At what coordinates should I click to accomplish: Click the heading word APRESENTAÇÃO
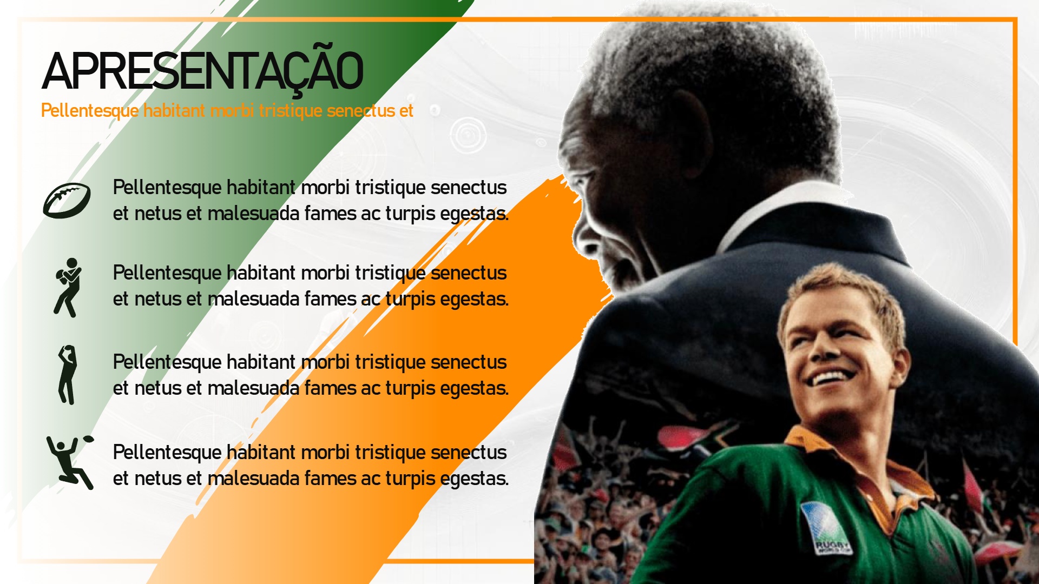202,71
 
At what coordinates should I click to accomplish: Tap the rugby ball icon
67,201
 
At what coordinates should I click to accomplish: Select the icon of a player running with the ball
68,287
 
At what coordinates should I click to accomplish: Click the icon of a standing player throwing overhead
67,375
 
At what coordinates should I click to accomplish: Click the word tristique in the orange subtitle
290,111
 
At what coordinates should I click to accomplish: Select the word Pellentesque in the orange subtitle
90,111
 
